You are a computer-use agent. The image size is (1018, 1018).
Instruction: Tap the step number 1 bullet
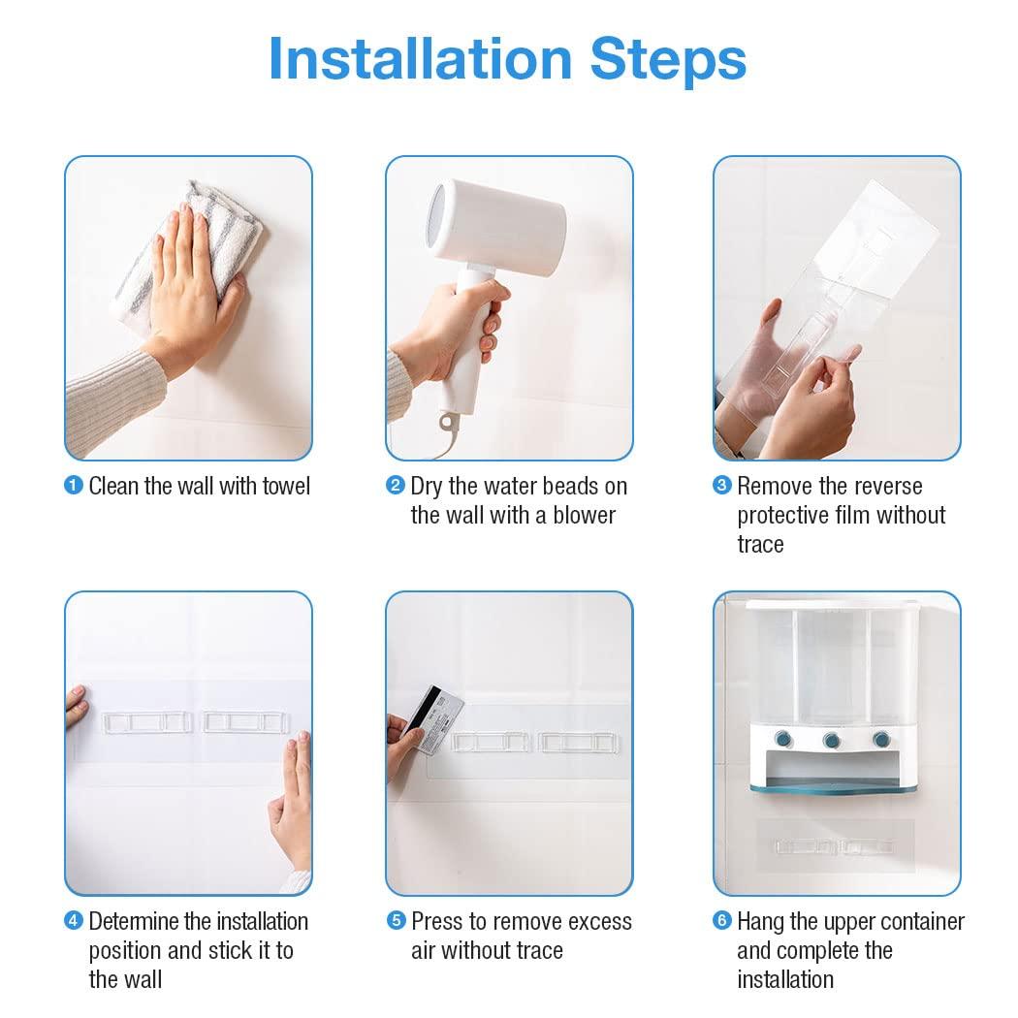pos(74,485)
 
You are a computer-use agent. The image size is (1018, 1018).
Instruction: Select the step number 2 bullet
pos(396,485)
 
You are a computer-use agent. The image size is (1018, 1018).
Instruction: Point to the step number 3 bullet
pos(722,485)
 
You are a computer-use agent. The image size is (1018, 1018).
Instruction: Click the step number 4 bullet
pos(74,921)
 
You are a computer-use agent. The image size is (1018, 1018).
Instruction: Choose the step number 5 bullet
pos(396,921)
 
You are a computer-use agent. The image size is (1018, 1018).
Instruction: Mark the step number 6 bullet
pos(722,921)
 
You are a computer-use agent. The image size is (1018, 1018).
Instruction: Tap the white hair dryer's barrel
pos(496,225)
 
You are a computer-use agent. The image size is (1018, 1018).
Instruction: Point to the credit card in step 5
pos(434,719)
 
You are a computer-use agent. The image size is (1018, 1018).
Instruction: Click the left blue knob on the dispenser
pos(784,739)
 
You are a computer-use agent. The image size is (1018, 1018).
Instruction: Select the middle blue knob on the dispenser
pos(832,740)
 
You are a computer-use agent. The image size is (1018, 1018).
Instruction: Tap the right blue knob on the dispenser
pos(881,739)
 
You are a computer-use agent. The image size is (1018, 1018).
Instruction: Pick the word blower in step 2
pos(584,515)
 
